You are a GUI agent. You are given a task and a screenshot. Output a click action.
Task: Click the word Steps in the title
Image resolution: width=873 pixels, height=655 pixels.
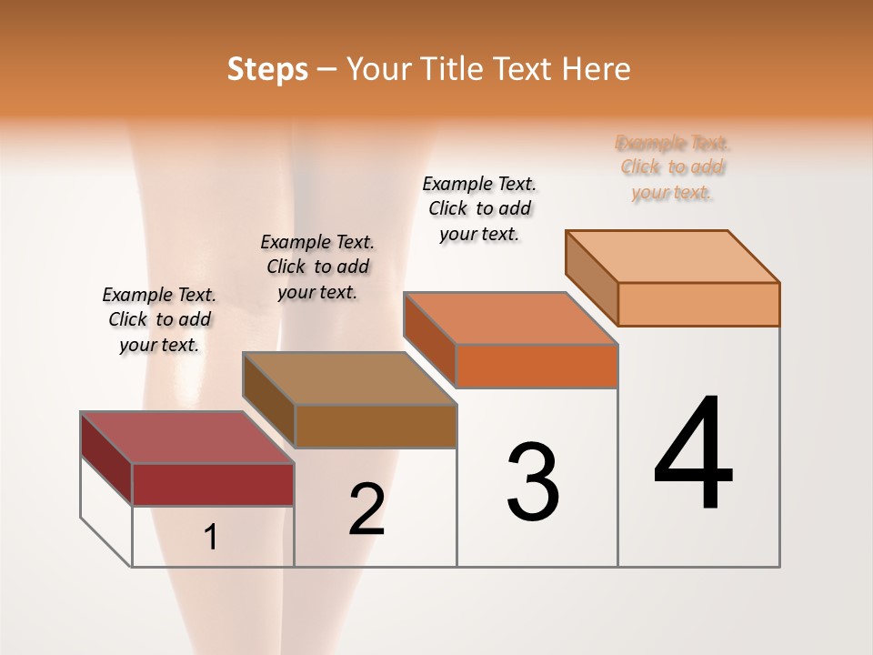point(267,69)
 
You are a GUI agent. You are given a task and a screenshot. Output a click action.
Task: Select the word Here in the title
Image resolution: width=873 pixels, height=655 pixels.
point(597,69)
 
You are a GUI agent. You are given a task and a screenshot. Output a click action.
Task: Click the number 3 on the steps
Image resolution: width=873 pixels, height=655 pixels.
point(533,481)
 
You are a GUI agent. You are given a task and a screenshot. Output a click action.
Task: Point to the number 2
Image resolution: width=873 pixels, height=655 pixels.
point(366,509)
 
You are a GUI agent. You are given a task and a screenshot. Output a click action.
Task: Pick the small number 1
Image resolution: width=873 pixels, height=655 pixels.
point(211,538)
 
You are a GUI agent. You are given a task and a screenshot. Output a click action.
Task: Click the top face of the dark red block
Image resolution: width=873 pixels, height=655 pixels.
point(186,438)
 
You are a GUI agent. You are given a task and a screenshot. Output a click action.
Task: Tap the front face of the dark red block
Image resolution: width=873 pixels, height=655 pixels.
point(213,484)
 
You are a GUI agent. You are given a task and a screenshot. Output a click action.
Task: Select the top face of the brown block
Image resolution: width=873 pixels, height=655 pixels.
point(349,378)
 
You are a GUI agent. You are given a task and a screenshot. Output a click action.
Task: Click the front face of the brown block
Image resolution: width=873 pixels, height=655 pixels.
point(376,426)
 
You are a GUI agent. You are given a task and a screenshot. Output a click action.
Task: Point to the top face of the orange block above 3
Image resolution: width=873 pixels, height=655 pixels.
point(510,318)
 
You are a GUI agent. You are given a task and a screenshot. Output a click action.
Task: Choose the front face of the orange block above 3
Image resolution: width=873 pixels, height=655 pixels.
point(537,366)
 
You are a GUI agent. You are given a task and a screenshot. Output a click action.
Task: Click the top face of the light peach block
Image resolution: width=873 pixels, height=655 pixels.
point(672,257)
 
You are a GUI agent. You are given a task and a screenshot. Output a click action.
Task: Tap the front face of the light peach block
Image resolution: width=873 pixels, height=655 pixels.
point(698,304)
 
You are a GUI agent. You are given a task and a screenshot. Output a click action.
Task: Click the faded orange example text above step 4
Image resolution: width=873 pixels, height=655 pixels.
point(673,167)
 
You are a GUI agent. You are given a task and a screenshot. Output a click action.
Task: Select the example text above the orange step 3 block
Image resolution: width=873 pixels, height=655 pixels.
point(479,208)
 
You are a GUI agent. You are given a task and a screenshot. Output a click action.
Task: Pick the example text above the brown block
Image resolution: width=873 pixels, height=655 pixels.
point(317,267)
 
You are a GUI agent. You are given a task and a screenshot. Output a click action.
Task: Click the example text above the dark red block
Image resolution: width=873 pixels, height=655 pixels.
point(159,319)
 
